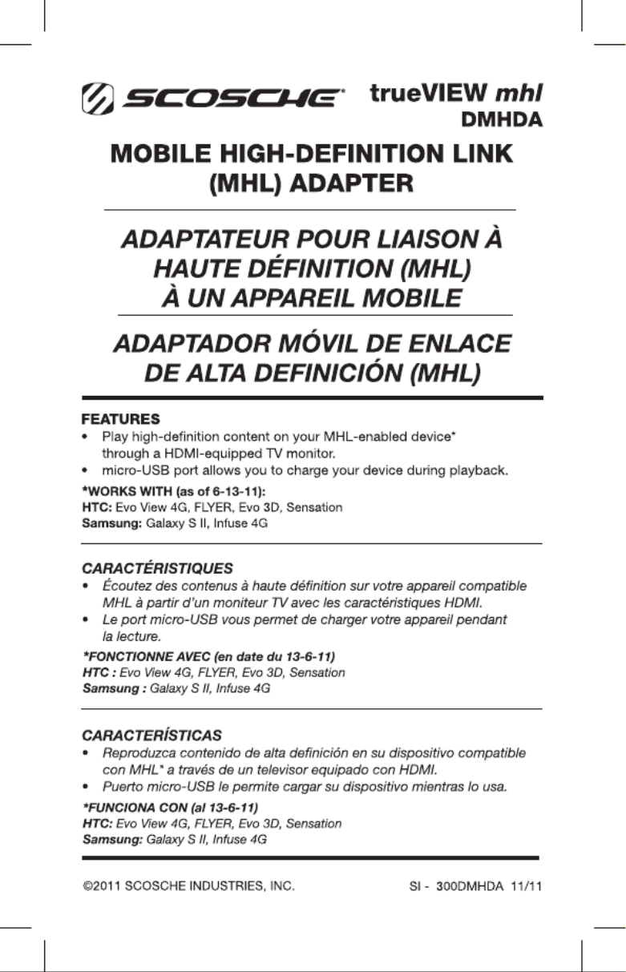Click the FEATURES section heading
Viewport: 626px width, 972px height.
click(x=120, y=419)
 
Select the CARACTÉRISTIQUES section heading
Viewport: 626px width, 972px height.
click(x=158, y=568)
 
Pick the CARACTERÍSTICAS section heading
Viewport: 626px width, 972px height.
click(x=152, y=735)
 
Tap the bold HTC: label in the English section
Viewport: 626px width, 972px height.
click(x=98, y=507)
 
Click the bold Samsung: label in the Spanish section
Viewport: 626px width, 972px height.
click(x=113, y=840)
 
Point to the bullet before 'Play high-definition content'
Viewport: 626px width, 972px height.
click(x=85, y=438)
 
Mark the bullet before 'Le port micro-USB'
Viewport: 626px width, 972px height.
click(x=85, y=620)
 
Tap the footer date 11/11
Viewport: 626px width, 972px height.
click(x=526, y=886)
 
